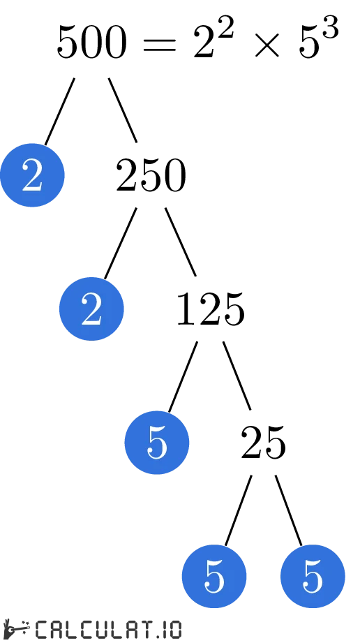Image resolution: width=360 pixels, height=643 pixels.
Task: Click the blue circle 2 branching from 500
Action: [32, 175]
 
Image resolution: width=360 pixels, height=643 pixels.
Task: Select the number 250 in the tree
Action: [151, 177]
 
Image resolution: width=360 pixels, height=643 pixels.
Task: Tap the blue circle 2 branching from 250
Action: [91, 309]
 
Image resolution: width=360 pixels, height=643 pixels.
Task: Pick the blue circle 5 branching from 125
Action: [157, 443]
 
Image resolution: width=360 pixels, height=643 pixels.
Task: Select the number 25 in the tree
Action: [263, 443]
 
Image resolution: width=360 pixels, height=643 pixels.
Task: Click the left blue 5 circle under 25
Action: [214, 577]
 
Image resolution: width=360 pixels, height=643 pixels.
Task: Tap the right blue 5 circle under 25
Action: [313, 577]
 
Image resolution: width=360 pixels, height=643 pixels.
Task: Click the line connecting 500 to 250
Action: [123, 110]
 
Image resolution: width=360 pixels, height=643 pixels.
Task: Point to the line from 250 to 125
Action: [181, 242]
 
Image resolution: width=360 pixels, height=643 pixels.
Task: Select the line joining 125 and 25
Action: [237, 375]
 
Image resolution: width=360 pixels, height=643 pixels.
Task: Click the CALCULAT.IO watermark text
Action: [108, 629]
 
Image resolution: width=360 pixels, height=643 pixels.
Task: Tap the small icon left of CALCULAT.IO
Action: [15, 628]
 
